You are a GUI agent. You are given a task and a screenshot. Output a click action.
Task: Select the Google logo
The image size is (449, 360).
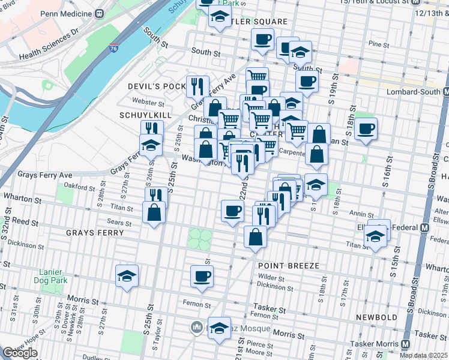click(20, 353)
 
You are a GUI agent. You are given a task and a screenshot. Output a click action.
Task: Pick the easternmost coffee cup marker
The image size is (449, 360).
click(366, 128)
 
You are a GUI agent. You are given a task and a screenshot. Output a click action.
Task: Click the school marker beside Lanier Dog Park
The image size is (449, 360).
click(127, 276)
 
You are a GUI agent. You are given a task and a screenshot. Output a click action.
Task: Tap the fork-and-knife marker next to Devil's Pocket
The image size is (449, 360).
click(196, 86)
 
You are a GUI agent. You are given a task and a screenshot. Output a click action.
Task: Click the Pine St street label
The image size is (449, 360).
click(379, 44)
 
